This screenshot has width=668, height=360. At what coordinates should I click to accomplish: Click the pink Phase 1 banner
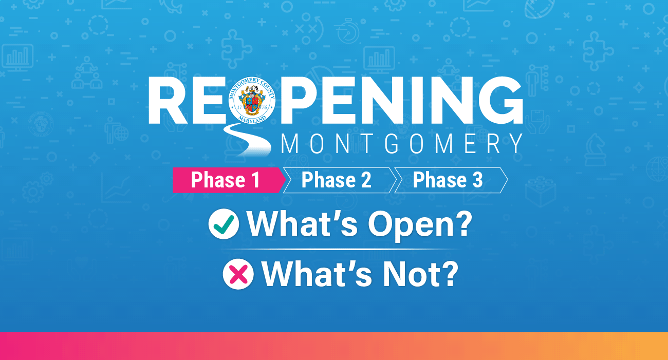[229, 180]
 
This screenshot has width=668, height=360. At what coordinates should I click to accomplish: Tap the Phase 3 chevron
[451, 180]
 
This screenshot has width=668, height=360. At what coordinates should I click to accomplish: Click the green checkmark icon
[224, 224]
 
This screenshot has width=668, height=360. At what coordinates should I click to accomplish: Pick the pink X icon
[238, 274]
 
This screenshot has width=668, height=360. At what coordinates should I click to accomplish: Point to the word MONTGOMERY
[402, 144]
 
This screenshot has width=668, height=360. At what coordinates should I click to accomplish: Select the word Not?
[420, 274]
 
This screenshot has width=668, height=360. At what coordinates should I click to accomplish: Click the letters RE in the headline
[187, 100]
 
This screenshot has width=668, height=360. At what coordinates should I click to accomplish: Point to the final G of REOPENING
[500, 100]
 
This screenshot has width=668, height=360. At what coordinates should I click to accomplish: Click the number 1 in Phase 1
[255, 180]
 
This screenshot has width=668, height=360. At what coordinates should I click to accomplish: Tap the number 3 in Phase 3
[477, 180]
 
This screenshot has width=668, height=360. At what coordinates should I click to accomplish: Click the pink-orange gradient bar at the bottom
[334, 346]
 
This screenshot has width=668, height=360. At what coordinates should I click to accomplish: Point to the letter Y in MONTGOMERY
[515, 144]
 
